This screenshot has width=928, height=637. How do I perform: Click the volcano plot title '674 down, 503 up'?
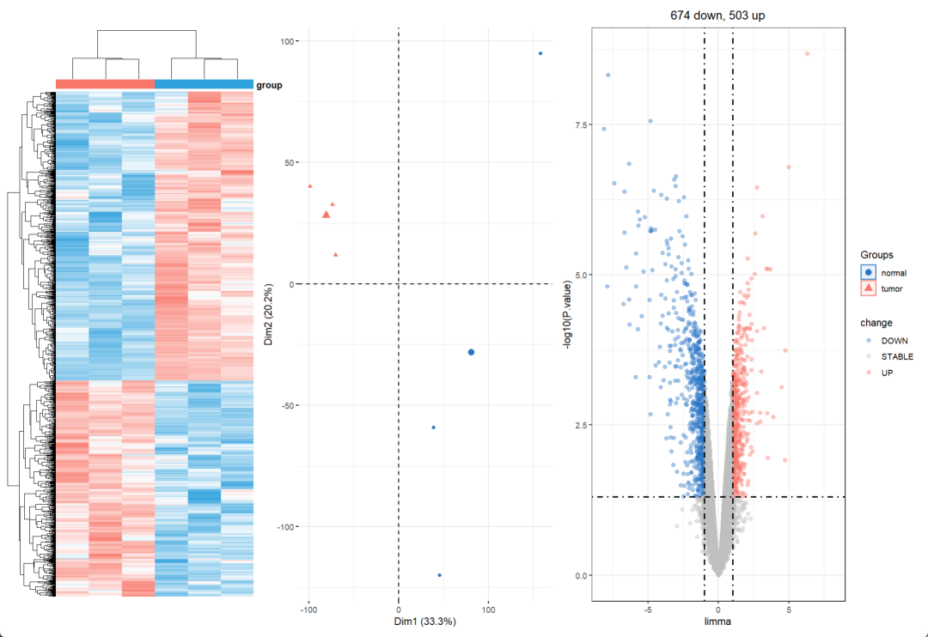717,15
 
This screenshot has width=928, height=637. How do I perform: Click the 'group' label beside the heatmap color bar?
269,85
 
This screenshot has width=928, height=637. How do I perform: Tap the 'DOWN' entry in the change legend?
894,341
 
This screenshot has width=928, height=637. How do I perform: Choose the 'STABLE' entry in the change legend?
897,356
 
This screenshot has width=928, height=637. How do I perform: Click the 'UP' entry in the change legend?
887,372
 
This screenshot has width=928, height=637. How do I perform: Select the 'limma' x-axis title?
717,621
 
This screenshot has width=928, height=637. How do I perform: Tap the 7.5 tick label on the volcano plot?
582,125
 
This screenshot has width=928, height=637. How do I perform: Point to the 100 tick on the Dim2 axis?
288,41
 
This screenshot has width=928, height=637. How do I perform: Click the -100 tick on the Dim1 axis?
308,610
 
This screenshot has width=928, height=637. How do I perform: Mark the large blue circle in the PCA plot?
471,352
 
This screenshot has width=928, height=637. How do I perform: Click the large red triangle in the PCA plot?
327,215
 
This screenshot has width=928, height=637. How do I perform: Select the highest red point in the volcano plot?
807,53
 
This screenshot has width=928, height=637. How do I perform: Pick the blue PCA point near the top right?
540,53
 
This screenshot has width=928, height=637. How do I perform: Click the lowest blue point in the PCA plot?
439,575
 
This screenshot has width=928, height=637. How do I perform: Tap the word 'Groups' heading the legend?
876,255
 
